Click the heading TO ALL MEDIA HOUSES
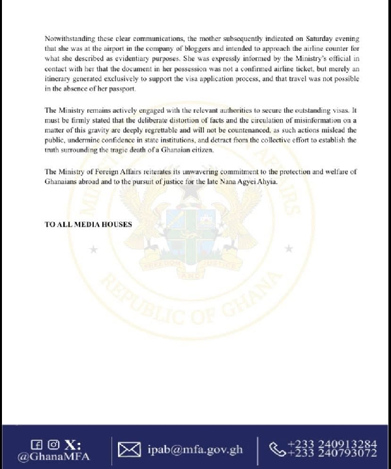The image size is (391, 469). click(88, 224)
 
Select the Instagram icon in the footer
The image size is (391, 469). click(53, 444)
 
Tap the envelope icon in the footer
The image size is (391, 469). click(129, 449)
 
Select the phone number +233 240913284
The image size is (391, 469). click(331, 444)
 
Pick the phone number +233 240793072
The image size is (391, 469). click(331, 455)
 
